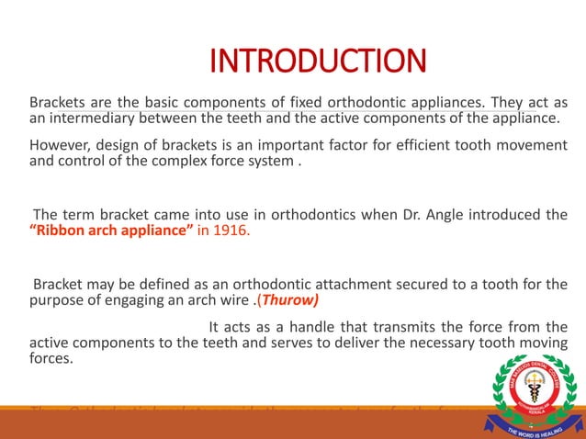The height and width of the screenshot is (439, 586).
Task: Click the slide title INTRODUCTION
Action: click(x=318, y=62)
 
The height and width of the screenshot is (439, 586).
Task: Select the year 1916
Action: click(x=228, y=231)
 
